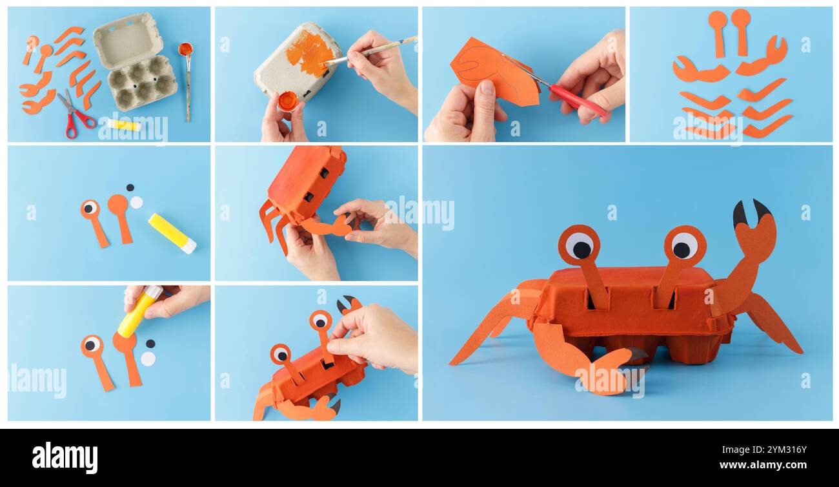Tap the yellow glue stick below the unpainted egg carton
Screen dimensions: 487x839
(123, 125)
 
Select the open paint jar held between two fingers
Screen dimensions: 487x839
(287, 101)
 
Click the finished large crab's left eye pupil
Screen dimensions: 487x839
(581, 249)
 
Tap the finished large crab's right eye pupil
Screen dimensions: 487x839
(682, 249)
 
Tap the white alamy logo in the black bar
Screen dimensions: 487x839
(65, 457)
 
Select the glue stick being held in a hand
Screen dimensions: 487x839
(138, 311)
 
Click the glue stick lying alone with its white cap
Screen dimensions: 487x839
(172, 233)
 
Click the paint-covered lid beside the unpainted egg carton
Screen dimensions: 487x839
(186, 49)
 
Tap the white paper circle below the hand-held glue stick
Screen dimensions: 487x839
(148, 358)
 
